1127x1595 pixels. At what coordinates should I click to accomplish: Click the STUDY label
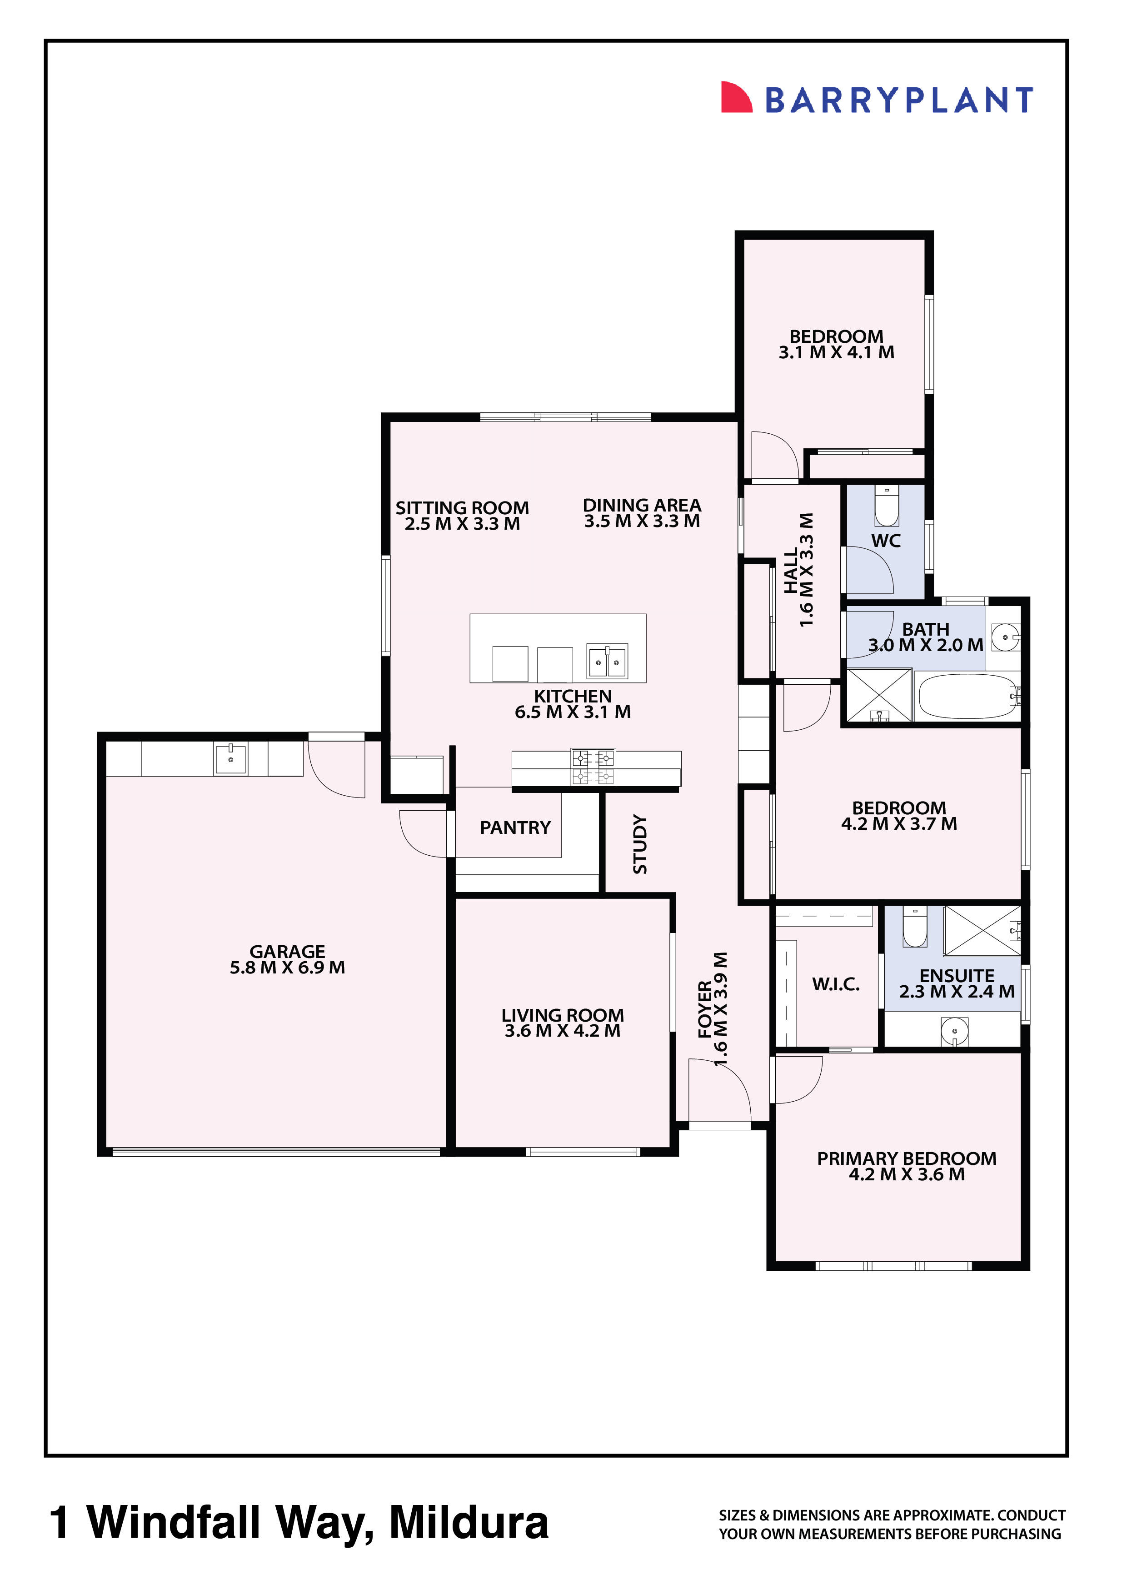point(639,844)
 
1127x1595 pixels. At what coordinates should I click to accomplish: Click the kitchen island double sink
point(607,661)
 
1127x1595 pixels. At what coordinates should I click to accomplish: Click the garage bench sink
point(230,759)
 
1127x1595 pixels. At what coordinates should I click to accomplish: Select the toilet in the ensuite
point(914,928)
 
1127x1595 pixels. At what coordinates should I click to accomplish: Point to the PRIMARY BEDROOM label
point(906,1158)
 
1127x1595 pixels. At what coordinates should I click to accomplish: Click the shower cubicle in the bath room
point(878,695)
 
